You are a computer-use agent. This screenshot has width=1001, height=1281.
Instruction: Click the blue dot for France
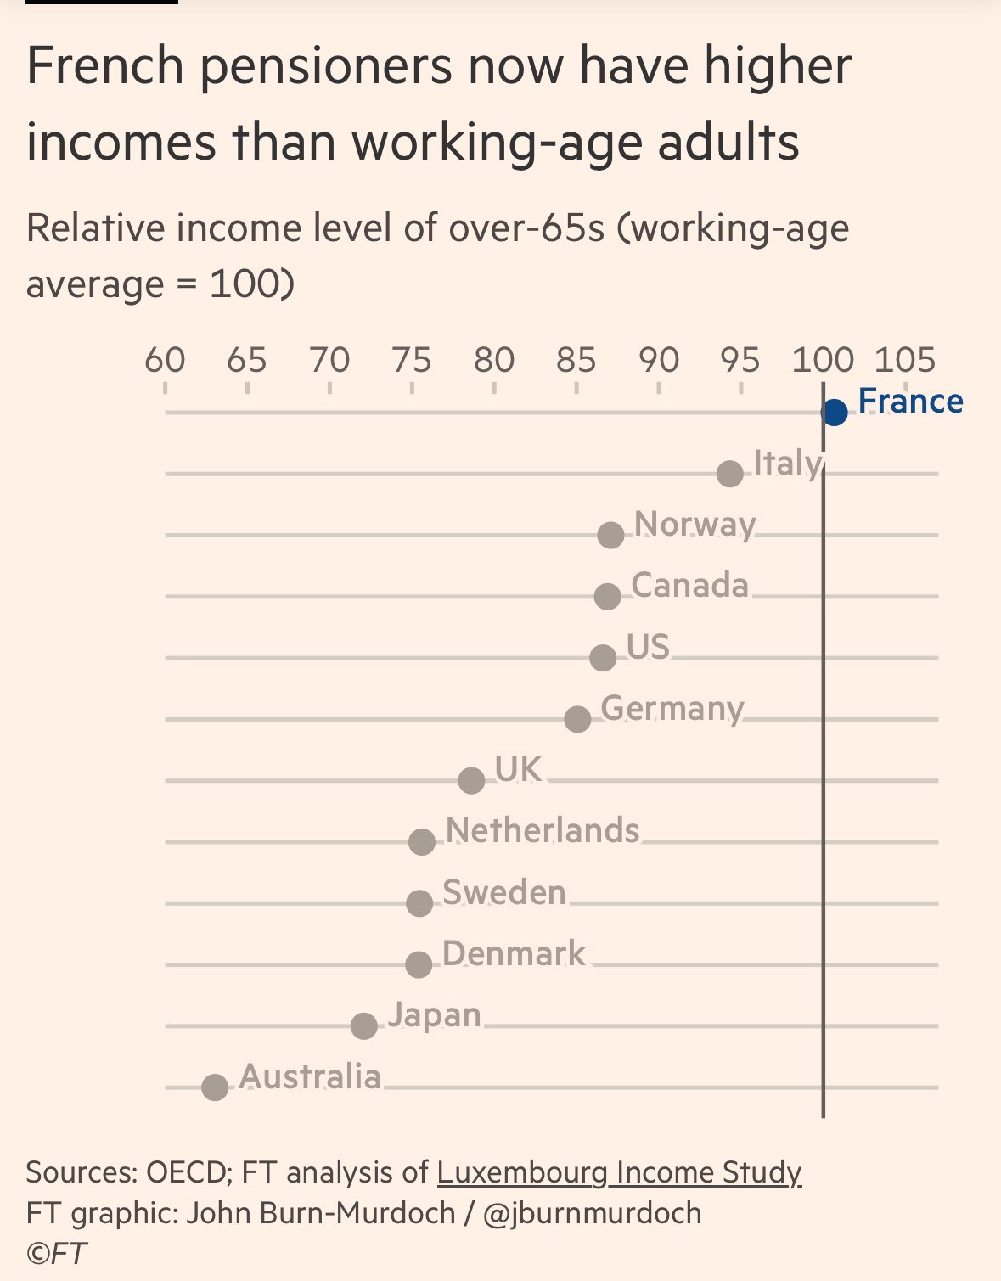click(835, 413)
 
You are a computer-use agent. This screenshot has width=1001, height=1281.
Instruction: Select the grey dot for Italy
click(730, 474)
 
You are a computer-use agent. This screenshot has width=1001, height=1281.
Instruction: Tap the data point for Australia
click(216, 1087)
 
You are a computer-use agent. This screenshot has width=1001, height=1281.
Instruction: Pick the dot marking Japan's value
click(364, 1025)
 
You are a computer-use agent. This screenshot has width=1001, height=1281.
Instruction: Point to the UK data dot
click(471, 780)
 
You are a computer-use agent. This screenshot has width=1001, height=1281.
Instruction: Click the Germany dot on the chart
click(577, 719)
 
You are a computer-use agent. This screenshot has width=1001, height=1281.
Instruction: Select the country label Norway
click(695, 525)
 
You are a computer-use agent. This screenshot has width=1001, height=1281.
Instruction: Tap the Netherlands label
click(543, 830)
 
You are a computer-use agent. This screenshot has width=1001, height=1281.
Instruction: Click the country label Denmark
click(514, 954)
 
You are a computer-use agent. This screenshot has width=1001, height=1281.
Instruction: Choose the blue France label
click(910, 401)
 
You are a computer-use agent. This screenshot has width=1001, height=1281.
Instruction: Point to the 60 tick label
click(165, 360)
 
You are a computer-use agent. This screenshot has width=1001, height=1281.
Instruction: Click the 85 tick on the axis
click(576, 360)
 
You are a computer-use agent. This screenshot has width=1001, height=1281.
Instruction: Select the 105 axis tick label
click(905, 360)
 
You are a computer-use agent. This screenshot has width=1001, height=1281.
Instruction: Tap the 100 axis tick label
click(823, 360)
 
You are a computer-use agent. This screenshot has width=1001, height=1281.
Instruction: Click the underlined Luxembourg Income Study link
click(619, 1172)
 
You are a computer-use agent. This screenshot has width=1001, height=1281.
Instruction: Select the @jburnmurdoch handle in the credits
click(593, 1213)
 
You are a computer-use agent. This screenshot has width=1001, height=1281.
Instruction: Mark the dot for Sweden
click(419, 903)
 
